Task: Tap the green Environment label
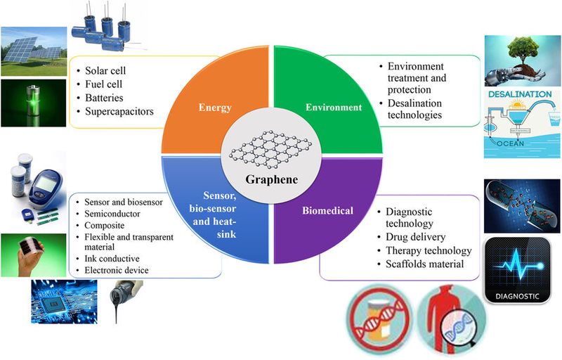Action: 332,108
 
